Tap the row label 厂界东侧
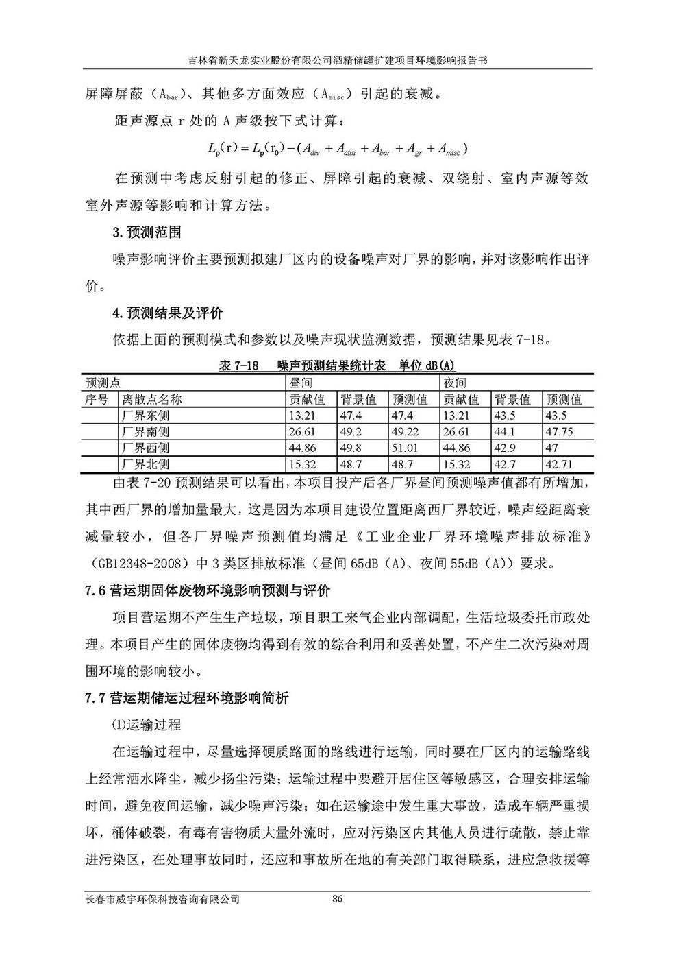145,416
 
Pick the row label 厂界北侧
145,465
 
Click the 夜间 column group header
456,383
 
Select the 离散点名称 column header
152,399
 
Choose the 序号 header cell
97,399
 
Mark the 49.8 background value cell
351,448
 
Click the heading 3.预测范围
147,232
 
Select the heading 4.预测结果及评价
168,314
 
